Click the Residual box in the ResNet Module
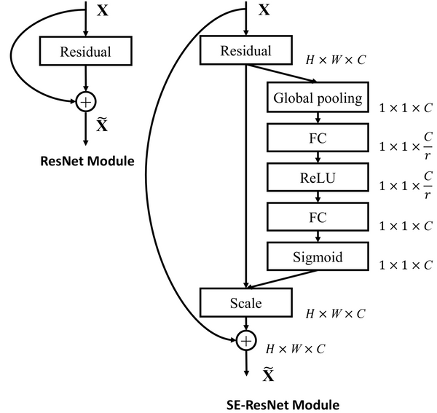(87, 52)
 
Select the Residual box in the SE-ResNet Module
(245, 51)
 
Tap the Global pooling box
(317, 98)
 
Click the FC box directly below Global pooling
(317, 138)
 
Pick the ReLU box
(317, 177)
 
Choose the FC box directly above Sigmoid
(317, 217)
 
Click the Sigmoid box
(317, 257)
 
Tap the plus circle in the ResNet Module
(87, 101)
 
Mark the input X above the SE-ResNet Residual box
(264, 11)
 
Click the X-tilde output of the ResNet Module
(103, 125)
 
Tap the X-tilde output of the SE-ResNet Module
(268, 374)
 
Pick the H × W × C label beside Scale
(335, 313)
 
